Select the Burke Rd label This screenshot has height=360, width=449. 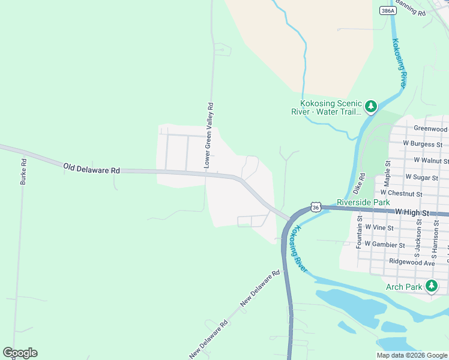(x=23, y=171)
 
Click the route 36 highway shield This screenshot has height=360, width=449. (x=316, y=207)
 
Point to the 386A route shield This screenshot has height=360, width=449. (x=388, y=11)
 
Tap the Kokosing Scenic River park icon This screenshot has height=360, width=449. (x=371, y=107)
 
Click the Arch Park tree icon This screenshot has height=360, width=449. (x=432, y=286)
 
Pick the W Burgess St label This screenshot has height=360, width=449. (x=423, y=144)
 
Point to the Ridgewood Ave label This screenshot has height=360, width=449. (x=412, y=262)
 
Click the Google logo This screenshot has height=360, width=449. (x=20, y=353)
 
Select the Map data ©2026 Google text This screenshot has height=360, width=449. (x=412, y=355)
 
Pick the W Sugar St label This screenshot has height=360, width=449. (x=420, y=177)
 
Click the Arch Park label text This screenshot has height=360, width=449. (x=405, y=287)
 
